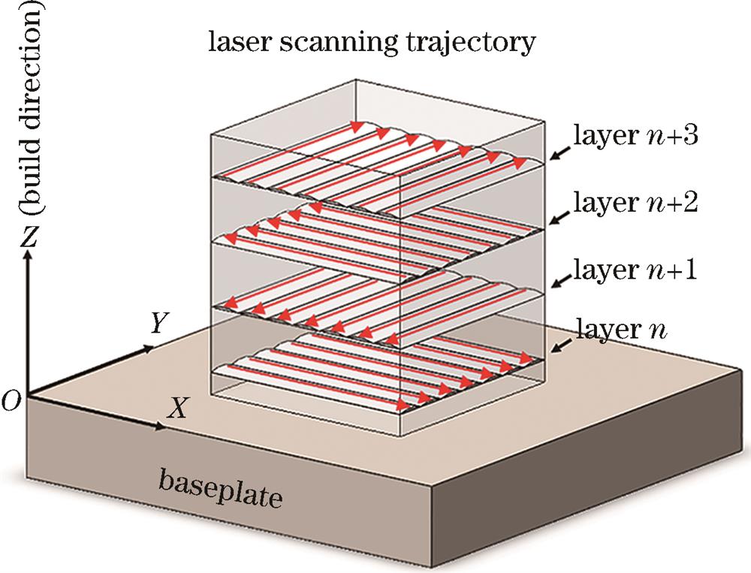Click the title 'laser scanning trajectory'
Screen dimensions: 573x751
click(372, 43)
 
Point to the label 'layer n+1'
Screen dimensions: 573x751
click(635, 268)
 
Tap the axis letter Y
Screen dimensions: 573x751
click(158, 324)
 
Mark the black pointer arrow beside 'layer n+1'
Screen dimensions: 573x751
click(559, 281)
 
